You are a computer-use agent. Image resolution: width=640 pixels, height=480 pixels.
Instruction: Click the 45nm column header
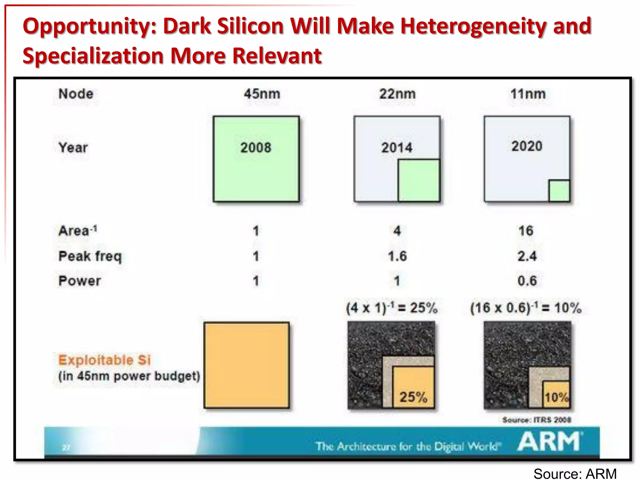click(262, 94)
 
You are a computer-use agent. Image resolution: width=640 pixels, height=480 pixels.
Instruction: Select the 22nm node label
click(397, 94)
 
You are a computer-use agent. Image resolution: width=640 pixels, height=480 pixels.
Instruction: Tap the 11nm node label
click(528, 94)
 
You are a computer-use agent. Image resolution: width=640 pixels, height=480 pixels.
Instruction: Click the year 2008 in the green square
click(256, 147)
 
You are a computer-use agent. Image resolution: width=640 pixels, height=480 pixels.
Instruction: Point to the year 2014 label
click(397, 147)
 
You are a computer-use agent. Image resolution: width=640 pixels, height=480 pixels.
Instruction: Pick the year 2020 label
click(527, 146)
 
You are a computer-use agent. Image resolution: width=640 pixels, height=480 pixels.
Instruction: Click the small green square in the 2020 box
click(559, 191)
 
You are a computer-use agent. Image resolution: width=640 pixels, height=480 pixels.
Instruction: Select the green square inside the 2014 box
click(419, 180)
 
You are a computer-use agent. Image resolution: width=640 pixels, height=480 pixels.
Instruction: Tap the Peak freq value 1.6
click(397, 256)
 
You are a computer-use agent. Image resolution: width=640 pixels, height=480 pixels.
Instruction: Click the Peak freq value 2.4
click(527, 256)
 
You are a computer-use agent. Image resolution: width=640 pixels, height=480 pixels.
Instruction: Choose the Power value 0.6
click(527, 281)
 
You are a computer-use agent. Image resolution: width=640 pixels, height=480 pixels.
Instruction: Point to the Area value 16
click(526, 231)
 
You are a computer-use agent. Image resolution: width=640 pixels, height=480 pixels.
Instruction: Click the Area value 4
click(397, 231)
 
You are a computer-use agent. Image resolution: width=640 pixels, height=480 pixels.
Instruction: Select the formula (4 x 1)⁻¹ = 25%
click(392, 308)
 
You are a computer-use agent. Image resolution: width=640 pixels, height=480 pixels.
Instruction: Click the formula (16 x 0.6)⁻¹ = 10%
click(526, 308)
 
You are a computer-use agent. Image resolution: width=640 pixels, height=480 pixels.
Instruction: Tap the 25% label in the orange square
click(413, 397)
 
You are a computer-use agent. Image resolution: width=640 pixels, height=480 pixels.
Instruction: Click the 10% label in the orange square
click(557, 397)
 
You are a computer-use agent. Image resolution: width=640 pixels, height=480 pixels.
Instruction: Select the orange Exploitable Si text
click(104, 360)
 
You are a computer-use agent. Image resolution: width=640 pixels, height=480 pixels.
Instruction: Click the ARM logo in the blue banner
click(549, 441)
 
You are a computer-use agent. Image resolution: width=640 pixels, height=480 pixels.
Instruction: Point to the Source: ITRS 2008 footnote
click(537, 420)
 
